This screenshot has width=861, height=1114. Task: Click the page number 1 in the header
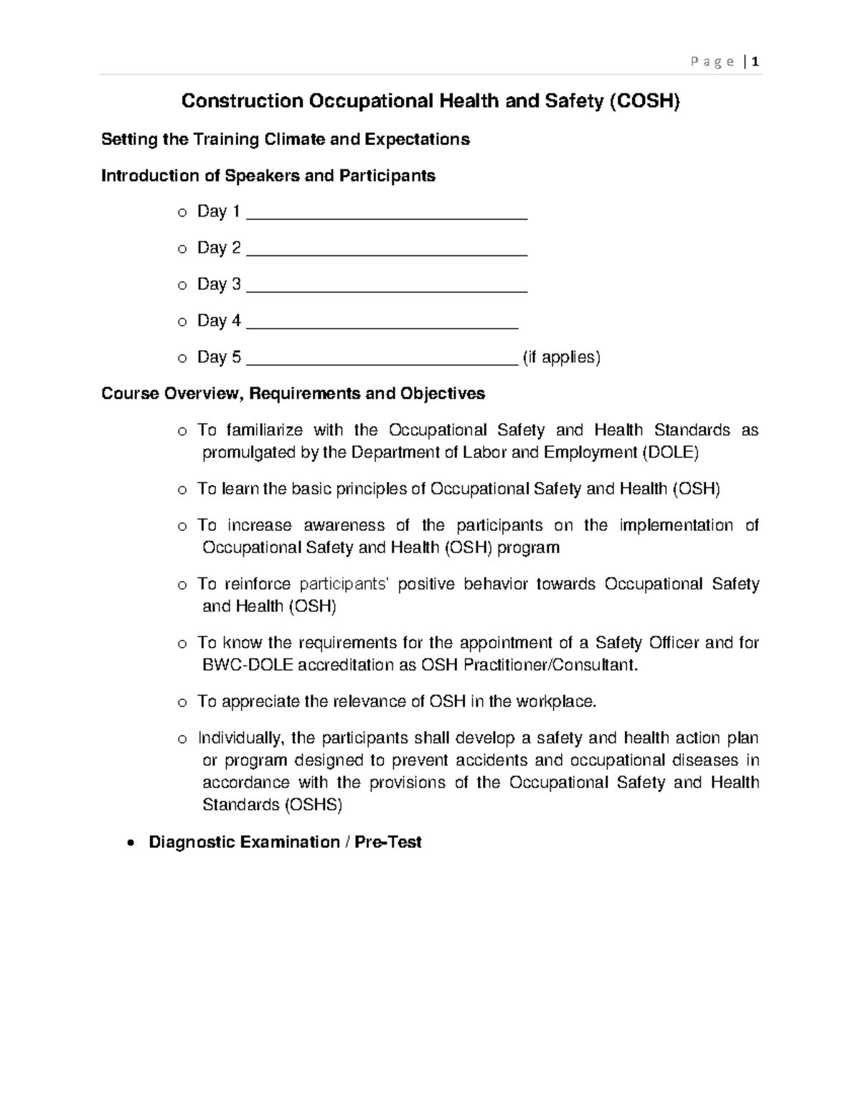click(756, 62)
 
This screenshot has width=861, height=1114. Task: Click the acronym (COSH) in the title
click(644, 101)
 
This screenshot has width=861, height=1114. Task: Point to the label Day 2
click(219, 247)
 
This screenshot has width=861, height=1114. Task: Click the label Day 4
click(219, 321)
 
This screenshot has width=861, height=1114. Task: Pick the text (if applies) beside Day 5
click(561, 357)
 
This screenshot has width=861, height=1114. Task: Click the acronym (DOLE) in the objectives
click(669, 453)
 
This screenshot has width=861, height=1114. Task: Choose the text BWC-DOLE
click(248, 665)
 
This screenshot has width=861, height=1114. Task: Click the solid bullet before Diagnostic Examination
click(129, 843)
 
